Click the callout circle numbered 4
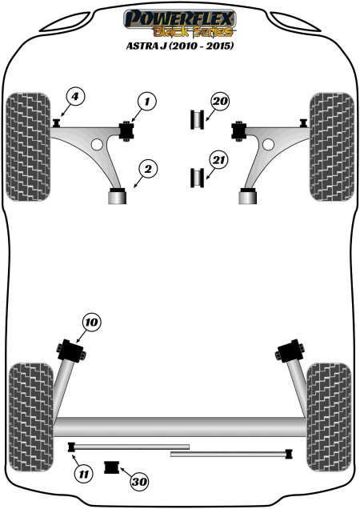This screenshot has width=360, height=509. (75, 97)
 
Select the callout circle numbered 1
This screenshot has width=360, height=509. (147, 102)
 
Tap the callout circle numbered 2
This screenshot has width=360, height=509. (148, 169)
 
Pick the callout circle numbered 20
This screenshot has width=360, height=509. (220, 102)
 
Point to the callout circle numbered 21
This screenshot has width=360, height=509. (218, 160)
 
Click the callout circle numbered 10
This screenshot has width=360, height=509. (92, 323)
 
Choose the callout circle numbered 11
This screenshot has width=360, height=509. (84, 475)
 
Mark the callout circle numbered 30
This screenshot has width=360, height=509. (139, 482)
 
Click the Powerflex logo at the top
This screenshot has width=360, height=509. (180, 22)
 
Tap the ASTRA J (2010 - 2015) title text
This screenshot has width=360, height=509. (180, 46)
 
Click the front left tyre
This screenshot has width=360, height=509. (29, 146)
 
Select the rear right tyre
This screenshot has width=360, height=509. (329, 417)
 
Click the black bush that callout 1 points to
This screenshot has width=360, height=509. (128, 130)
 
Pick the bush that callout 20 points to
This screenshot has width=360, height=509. (197, 120)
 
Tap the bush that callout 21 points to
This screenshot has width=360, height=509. (197, 178)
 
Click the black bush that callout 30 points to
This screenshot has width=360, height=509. (112, 467)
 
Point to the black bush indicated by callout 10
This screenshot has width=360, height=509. (70, 350)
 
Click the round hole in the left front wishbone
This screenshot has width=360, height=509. (97, 144)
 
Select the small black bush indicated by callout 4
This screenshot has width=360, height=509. (57, 123)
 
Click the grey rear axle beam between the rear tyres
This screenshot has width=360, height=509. (181, 427)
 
